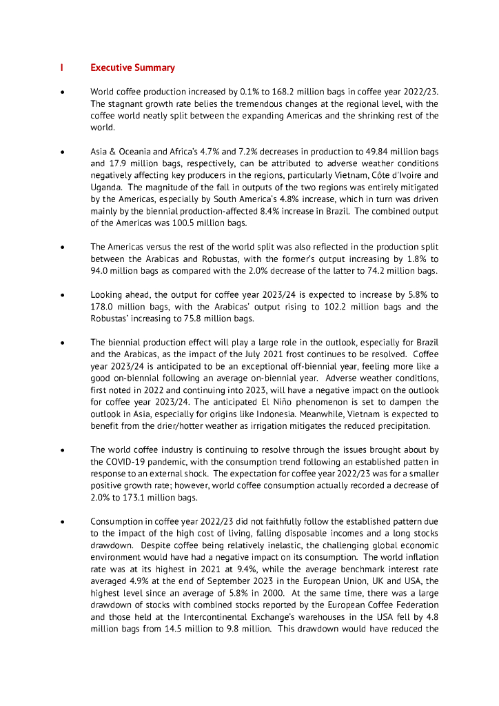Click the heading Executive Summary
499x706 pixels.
(132, 68)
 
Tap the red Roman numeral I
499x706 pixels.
(62, 68)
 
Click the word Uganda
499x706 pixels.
(105, 188)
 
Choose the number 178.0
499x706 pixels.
(103, 307)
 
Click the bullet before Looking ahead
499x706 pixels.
(63, 295)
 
